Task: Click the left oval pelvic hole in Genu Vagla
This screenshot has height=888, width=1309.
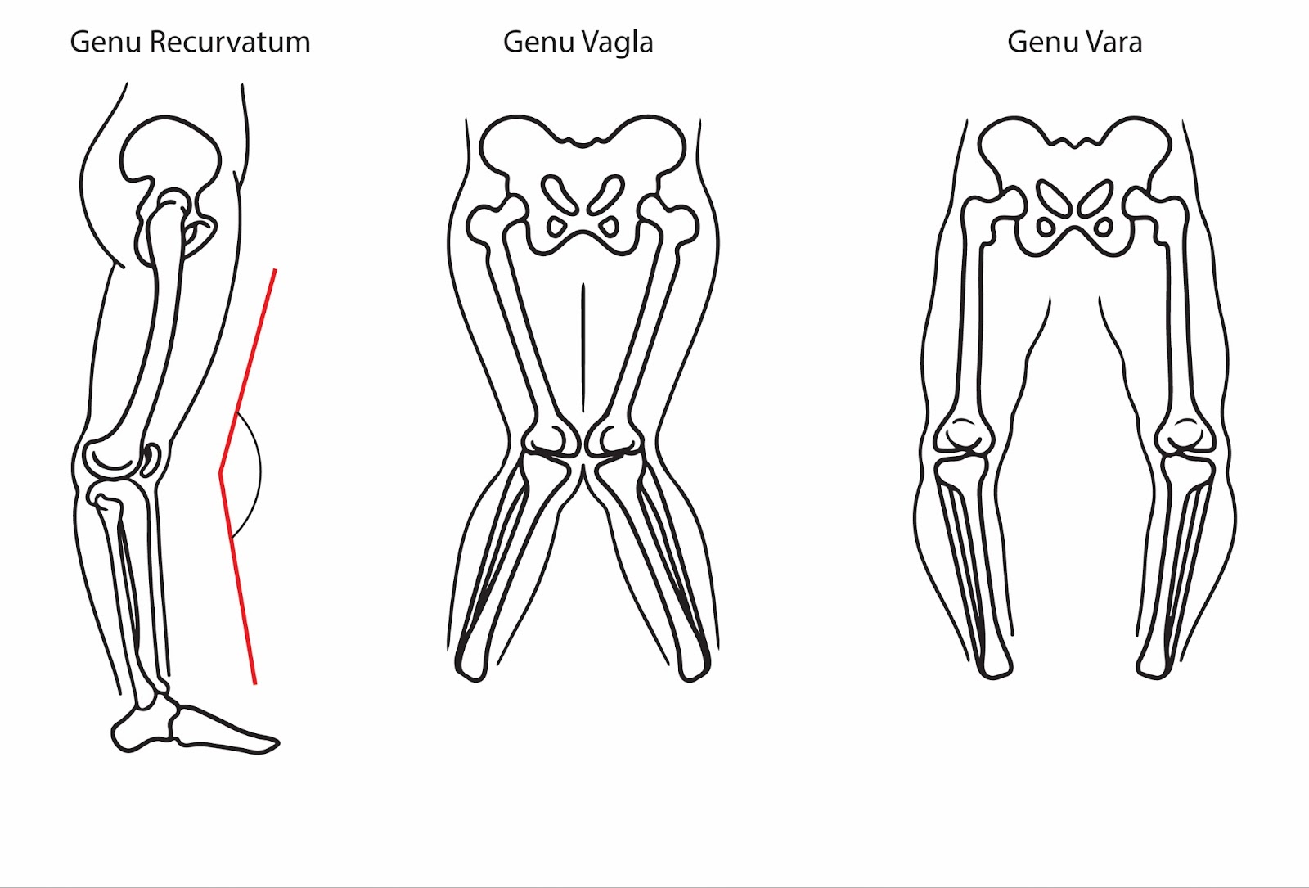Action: [560, 196]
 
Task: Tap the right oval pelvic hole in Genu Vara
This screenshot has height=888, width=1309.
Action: [1095, 199]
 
